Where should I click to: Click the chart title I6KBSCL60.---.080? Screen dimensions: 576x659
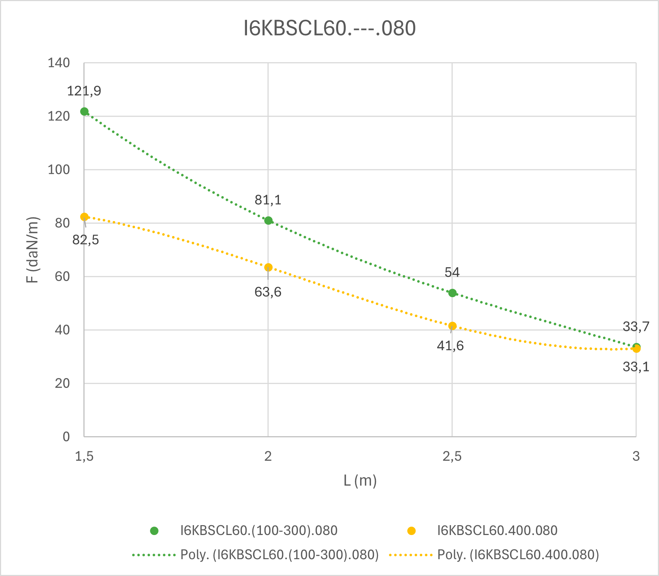[329, 29]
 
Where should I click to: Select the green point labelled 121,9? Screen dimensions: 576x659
[84, 112]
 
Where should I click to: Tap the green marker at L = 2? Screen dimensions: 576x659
[268, 220]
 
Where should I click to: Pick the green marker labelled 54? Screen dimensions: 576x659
[452, 293]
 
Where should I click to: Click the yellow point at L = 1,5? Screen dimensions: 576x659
[84, 217]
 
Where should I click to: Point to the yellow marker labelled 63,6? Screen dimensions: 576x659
[268, 267]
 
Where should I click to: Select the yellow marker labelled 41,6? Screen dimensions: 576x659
[452, 326]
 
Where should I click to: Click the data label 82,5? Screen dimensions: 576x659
[86, 240]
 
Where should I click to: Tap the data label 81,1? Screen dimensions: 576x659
[268, 200]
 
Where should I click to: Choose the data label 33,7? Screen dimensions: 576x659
[636, 326]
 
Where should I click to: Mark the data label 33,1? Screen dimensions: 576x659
[636, 367]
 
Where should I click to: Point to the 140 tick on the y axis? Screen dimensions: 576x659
[59, 63]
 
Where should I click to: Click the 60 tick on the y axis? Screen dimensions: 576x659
[62, 276]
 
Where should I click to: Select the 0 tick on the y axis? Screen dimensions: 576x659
[66, 437]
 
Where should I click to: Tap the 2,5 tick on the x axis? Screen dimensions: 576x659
[452, 456]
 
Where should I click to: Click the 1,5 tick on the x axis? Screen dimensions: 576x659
[84, 456]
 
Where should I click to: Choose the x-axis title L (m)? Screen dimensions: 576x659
[360, 480]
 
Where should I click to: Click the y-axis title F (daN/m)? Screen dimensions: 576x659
[33, 250]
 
